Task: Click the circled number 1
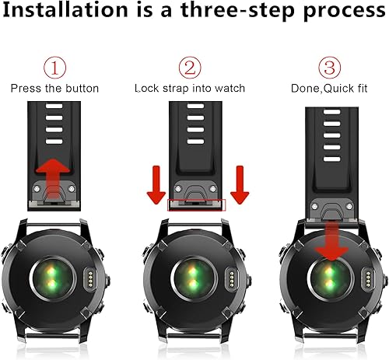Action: (x=54, y=68)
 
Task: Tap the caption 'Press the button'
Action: (x=54, y=89)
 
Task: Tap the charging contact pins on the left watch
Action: (x=90, y=277)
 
